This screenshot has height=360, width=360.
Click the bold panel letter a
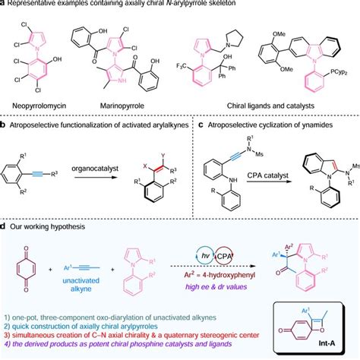pos(4,4)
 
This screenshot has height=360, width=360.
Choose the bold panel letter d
pos(4,226)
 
